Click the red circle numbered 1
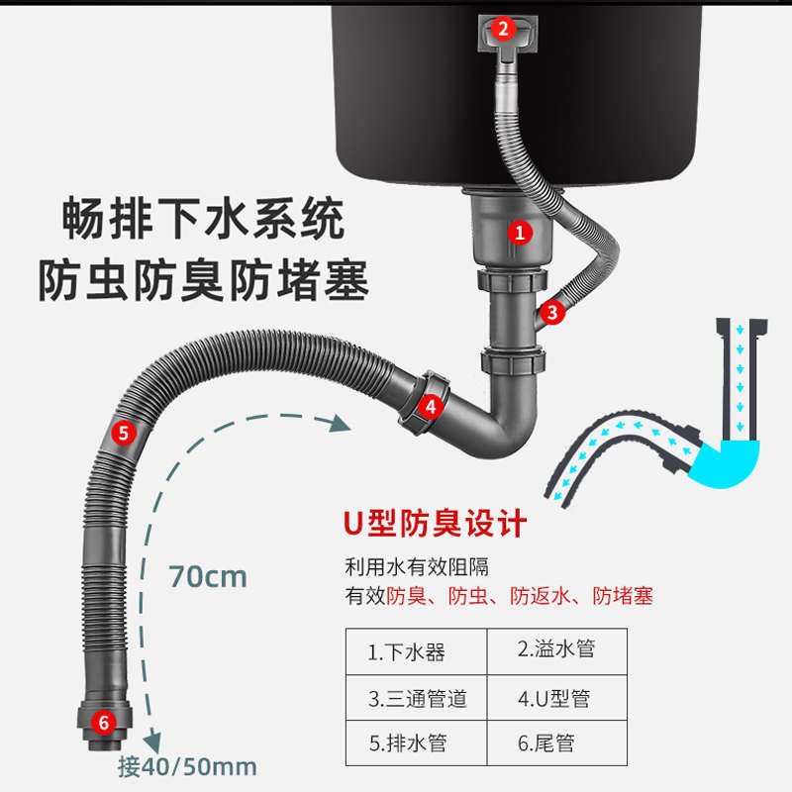pyautogui.click(x=520, y=233)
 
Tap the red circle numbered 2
pyautogui.click(x=503, y=29)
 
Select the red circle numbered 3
pyautogui.click(x=553, y=313)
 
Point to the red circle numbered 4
pyautogui.click(x=429, y=405)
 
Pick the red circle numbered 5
pyautogui.click(x=123, y=432)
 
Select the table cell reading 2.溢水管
pyautogui.click(x=556, y=650)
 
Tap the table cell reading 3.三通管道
pyautogui.click(x=417, y=698)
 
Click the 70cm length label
pyautogui.click(x=207, y=576)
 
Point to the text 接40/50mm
pyautogui.click(x=187, y=766)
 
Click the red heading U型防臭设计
pyautogui.click(x=435, y=523)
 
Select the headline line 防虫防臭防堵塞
pyautogui.click(x=204, y=282)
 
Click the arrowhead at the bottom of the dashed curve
pyautogui.click(x=153, y=741)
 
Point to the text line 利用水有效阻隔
pyautogui.click(x=416, y=567)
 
